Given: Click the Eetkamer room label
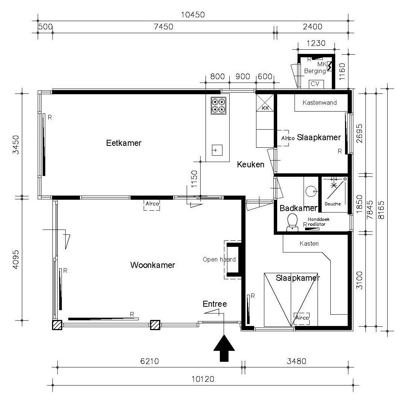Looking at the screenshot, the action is pos(124,143).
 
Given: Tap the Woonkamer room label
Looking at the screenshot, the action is pos(152,265).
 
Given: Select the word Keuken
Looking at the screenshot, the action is pos(250,164).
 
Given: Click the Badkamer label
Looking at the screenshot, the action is pos(298,208).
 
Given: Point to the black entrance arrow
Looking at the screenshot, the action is pos(224,348).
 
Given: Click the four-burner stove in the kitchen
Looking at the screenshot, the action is pos(218,106).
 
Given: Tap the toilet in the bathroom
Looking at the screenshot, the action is pos(292,222).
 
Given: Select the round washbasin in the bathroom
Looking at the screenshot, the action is pos(310,191).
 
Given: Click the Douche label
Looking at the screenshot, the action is pos(333,204).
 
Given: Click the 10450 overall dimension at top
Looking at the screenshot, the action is pos(193,15).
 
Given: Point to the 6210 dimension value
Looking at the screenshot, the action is pos(149,361).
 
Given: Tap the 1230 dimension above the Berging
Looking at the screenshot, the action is pos(316,43).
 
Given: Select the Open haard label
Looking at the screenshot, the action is pos(219,259).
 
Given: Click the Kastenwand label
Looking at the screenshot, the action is pos(319,103).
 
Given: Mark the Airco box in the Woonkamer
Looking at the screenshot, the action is pos(152,205).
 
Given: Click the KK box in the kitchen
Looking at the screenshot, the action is pos(265,103).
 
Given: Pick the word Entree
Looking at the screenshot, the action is pos(215,304).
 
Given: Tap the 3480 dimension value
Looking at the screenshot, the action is pos(296,361).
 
